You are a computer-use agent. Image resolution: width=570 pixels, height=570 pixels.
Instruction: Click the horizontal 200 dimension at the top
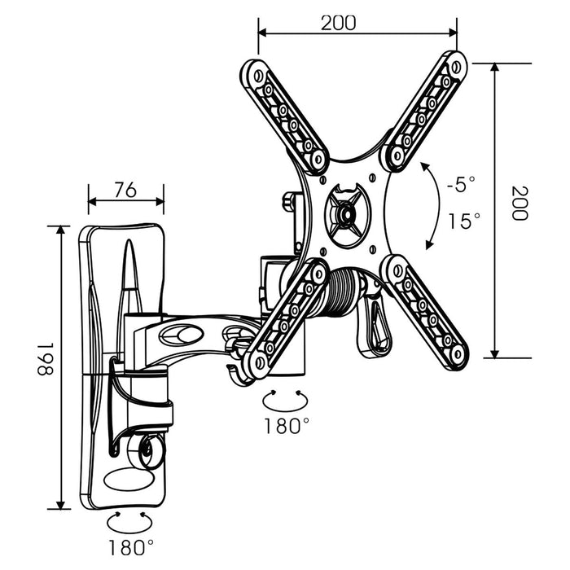tap(338, 23)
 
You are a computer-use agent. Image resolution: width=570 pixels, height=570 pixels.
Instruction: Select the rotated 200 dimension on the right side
tap(519, 204)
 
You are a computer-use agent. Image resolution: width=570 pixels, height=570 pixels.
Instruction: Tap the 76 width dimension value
tap(125, 190)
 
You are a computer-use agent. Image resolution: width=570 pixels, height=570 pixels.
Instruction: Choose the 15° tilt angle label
tap(464, 221)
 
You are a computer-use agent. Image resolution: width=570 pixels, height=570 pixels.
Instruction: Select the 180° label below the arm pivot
tap(287, 424)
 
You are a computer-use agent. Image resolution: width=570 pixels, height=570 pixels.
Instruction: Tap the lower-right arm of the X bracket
tap(425, 309)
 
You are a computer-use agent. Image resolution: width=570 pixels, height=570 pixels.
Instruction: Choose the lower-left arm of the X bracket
tap(285, 318)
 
